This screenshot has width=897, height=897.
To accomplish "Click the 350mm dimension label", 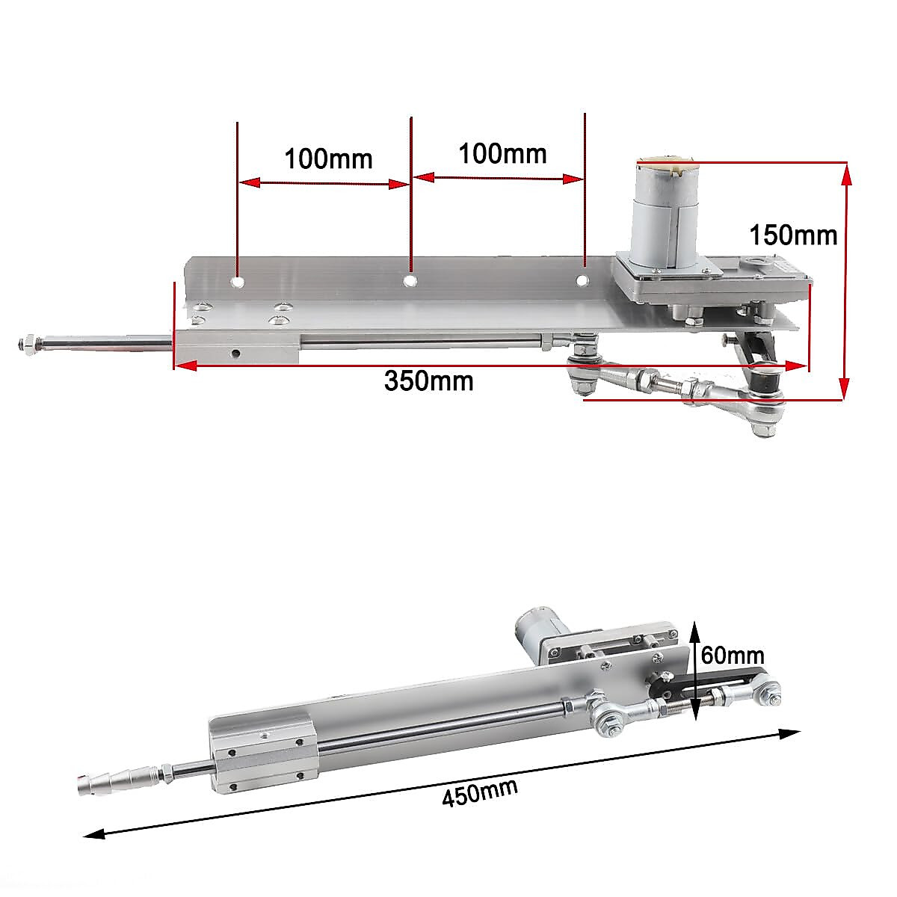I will point(428,381).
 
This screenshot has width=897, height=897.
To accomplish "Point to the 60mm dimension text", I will point(733,656).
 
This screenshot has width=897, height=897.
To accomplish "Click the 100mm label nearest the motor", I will point(502,153).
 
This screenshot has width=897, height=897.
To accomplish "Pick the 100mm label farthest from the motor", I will point(327,158).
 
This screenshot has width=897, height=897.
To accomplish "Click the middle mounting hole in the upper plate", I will point(410,280).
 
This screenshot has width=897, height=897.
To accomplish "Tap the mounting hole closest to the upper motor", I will point(582,280).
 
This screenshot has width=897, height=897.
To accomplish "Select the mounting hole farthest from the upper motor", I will point(237,283).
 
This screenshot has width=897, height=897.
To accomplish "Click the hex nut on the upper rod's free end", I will point(26,345).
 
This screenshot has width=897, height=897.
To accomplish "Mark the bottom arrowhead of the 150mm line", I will point(845,390).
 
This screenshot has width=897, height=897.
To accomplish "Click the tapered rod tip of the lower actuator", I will point(112,781).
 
